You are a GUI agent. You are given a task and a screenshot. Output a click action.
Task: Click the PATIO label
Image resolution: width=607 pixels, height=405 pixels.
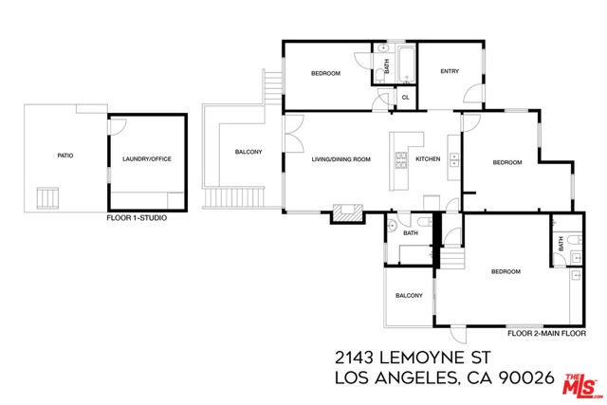click(x=65, y=156)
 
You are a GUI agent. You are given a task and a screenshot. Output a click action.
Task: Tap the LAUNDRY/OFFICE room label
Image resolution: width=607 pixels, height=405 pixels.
click(x=147, y=158)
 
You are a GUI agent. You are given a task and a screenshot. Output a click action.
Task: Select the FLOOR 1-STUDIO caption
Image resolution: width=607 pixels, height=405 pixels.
click(x=137, y=218)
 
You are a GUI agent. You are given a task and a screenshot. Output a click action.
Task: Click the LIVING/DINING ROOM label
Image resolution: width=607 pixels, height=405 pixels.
click(x=341, y=159)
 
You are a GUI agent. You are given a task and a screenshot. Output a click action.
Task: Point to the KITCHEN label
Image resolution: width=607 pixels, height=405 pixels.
click(x=428, y=158)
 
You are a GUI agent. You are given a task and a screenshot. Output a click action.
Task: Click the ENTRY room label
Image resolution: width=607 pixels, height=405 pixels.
click(x=450, y=71)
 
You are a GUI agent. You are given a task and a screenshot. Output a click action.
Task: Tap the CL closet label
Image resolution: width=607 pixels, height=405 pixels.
click(x=405, y=98)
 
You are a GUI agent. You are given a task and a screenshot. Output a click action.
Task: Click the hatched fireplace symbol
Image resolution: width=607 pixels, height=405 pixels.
click(x=348, y=212)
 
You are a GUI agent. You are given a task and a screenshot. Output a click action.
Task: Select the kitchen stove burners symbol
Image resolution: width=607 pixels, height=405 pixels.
click(x=401, y=160)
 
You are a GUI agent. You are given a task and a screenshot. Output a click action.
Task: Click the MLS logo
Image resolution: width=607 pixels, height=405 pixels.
click(x=582, y=386)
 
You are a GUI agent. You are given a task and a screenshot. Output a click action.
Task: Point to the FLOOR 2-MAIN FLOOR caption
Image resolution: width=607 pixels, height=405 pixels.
click(x=546, y=333)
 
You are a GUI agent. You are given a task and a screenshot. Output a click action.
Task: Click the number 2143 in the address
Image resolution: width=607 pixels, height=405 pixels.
click(x=354, y=358)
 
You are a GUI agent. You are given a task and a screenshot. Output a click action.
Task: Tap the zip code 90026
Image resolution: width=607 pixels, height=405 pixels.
click(x=526, y=377)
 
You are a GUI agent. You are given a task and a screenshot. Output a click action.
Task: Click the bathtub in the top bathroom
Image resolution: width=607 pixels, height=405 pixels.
click(x=406, y=64)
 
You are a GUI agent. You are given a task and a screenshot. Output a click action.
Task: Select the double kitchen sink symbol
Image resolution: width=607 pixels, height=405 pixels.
click(x=453, y=160)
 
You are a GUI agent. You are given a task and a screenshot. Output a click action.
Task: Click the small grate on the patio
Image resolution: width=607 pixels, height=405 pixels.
click(x=47, y=198)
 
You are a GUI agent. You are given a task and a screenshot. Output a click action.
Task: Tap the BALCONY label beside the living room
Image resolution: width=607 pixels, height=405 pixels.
click(x=248, y=152)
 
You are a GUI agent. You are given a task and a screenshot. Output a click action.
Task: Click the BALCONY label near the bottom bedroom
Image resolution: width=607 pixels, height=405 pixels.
click(x=409, y=295)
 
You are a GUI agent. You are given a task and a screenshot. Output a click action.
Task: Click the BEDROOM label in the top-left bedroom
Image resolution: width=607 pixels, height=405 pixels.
click(x=325, y=73)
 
